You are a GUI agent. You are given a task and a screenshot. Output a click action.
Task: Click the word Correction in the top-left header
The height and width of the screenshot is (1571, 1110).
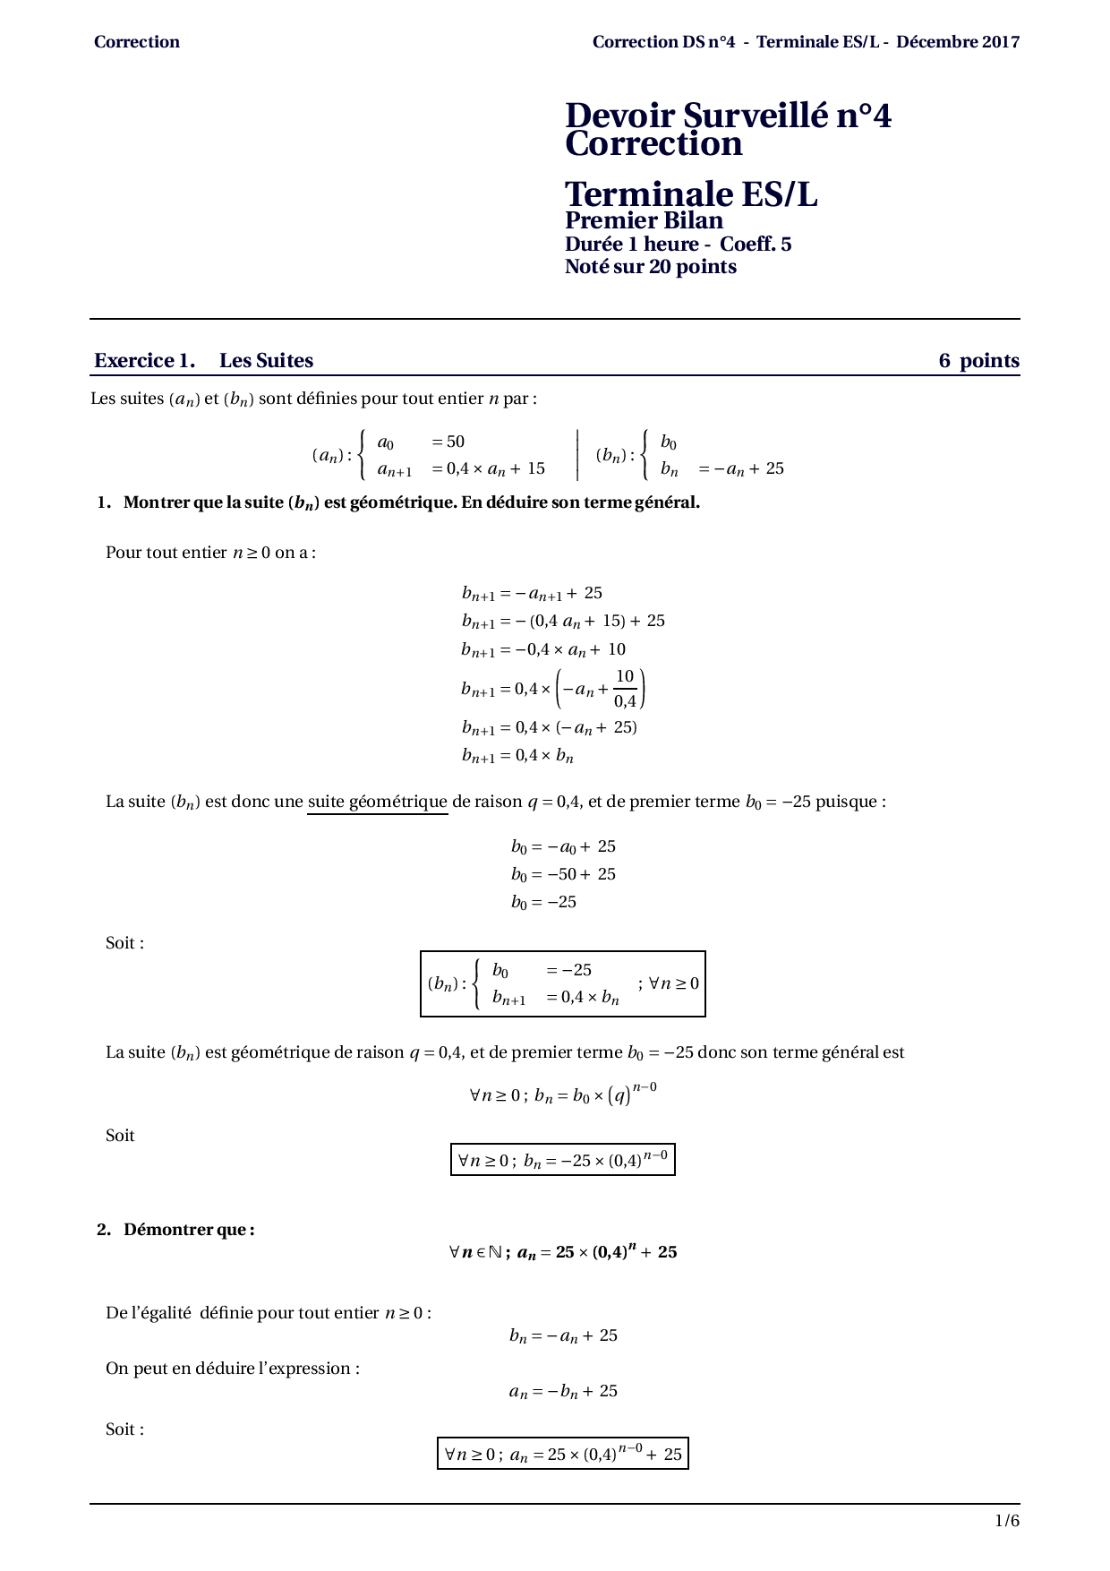136,42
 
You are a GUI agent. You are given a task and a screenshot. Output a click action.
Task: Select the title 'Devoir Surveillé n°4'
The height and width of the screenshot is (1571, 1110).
728,116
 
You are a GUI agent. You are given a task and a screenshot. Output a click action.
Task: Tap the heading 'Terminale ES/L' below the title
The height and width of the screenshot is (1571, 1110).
691,194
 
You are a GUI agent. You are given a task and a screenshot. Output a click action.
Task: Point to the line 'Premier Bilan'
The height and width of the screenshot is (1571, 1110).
644,220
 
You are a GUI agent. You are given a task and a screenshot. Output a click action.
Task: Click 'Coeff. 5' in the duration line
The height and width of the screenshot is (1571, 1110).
756,245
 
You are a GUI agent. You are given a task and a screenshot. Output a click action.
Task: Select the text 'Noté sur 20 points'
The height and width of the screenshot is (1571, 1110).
650,267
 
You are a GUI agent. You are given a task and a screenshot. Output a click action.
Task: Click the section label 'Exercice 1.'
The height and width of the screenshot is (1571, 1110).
144,361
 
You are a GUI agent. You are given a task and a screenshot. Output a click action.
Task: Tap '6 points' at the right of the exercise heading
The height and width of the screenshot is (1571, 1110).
978,361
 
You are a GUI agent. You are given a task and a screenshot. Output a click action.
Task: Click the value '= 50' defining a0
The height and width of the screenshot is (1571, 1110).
448,442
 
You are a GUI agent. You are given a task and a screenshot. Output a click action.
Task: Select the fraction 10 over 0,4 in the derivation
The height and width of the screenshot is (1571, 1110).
625,689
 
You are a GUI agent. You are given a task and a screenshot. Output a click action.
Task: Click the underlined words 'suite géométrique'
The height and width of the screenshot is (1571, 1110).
377,802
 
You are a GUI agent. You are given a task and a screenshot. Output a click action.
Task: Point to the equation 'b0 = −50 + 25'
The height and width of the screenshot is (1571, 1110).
563,874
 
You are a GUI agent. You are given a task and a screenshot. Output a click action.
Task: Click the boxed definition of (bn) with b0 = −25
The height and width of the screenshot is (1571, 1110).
562,983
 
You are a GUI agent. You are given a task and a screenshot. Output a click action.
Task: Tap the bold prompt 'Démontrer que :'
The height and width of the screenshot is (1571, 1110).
188,1230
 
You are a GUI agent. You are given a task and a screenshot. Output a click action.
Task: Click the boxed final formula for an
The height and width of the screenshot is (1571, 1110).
562,1454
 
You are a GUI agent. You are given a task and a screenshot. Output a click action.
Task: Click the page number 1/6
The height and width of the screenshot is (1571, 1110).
1006,1521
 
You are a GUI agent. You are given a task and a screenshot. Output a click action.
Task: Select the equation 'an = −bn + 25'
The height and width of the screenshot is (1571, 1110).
563,1392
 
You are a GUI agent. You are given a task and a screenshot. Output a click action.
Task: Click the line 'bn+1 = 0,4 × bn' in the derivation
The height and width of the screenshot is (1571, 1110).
517,756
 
